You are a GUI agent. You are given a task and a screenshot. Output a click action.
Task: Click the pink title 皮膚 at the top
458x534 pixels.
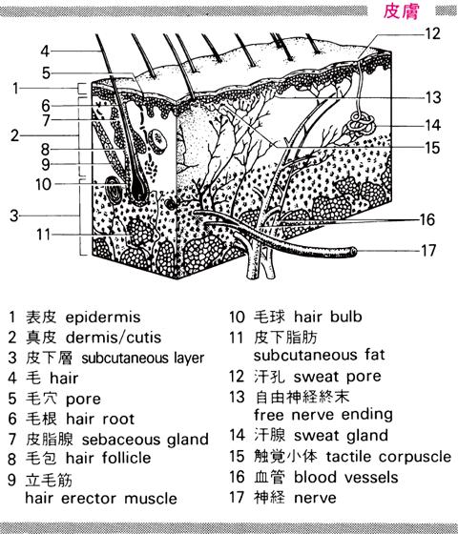tap(401, 11)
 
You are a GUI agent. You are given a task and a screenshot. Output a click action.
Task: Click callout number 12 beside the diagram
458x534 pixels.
tap(432, 33)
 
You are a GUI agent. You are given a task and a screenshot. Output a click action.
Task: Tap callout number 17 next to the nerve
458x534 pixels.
tap(428, 251)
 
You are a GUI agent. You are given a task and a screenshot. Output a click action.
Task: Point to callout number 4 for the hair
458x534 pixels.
tap(45, 51)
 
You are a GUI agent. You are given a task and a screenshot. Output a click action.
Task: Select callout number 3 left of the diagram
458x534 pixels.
tap(14, 216)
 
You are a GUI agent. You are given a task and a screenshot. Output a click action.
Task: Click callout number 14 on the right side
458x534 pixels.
tap(433, 125)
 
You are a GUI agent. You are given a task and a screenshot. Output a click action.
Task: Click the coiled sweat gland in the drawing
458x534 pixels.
tap(362, 123)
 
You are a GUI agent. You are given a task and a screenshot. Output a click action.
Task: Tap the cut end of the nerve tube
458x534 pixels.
tap(353, 252)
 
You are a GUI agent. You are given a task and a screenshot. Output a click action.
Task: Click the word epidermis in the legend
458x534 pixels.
tap(103, 318)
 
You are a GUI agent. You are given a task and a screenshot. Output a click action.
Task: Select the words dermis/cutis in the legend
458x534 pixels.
tap(114, 338)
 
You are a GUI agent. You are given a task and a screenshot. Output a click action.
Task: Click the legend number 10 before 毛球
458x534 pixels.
tap(237, 317)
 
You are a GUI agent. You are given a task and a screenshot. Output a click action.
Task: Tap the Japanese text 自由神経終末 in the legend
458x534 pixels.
tap(302, 397)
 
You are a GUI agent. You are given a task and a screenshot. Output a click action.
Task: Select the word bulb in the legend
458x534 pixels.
tap(345, 317)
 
